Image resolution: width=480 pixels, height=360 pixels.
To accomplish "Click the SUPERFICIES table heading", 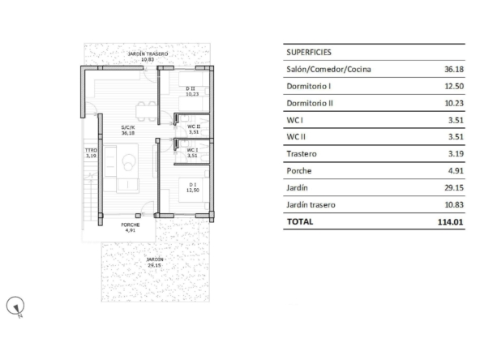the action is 309,53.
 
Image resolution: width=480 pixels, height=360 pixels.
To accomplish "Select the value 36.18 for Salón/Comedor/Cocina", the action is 454,69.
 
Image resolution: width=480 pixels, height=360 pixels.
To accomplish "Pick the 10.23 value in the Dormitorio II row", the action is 454,104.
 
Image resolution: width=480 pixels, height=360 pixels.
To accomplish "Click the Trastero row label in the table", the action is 302,154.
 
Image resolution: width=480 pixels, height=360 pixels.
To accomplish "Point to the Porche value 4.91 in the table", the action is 456,171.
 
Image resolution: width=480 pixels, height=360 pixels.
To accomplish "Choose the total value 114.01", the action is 450,222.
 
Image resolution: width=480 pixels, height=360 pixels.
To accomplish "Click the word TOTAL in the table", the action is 300,221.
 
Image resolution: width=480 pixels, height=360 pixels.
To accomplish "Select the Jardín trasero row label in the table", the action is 311,205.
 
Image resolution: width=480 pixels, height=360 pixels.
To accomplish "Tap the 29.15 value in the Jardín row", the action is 454,187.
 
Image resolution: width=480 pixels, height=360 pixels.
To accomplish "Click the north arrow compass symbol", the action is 15,306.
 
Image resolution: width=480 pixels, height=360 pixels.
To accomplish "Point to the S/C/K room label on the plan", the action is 128,127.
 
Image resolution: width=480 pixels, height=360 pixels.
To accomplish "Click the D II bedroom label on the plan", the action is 191,88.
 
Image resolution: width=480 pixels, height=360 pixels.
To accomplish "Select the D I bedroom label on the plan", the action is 193,185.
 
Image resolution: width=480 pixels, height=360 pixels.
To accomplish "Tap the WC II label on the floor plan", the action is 194,126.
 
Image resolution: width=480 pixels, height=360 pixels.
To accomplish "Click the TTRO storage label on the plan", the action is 92,150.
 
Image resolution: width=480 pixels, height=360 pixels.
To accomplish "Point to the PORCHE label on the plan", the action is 131,225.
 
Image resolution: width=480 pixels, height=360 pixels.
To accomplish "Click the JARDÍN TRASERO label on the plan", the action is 148,54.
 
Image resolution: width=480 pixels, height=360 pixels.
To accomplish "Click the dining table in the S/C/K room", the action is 146,111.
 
